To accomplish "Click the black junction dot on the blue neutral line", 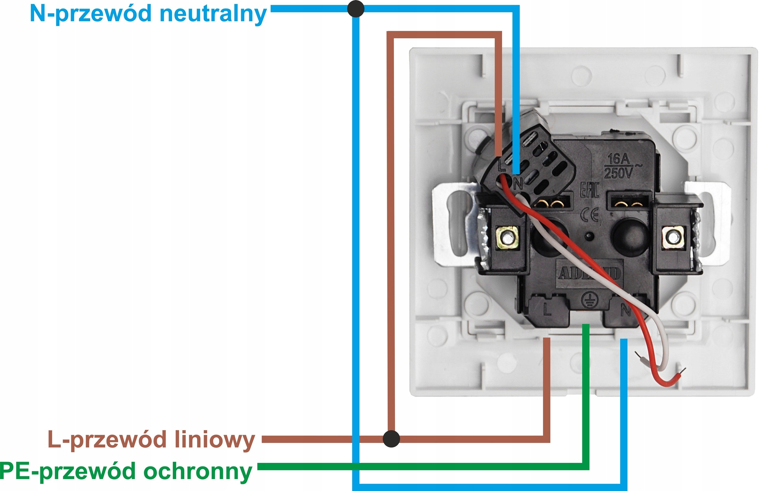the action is (356, 9).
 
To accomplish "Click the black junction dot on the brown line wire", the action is (391, 439).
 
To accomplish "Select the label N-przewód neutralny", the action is (148, 14).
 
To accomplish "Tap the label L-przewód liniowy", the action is (151, 440).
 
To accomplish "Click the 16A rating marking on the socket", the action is (618, 159).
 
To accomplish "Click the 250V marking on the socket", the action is (618, 174).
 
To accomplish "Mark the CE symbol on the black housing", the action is (589, 215).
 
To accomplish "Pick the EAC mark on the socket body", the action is (589, 190).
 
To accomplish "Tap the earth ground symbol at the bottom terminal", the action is (589, 300).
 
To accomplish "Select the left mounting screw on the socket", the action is (508, 238).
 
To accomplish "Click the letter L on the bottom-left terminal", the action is (547, 310).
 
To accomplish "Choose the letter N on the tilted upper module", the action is (518, 184).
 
